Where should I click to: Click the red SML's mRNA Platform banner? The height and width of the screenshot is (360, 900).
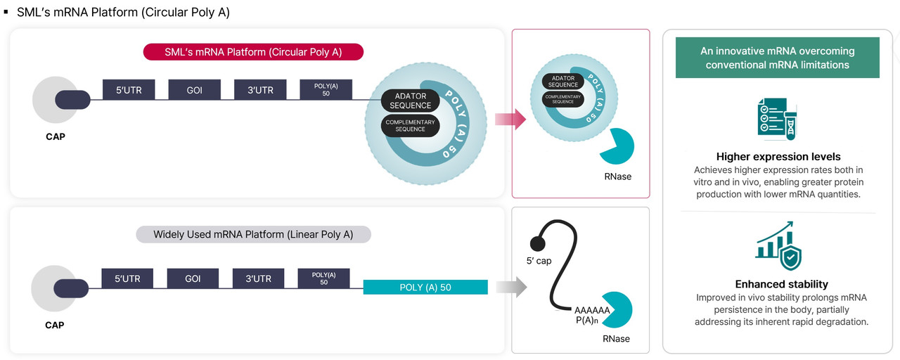pos(253,52)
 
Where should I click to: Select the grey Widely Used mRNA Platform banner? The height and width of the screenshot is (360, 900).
pos(253,234)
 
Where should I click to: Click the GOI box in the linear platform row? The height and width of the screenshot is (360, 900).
pos(193,278)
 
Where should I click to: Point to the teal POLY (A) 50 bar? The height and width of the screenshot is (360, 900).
pos(425,287)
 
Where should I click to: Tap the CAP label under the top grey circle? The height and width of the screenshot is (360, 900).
pos(55,136)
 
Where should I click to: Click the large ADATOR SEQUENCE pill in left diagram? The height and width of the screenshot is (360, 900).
pos(410,101)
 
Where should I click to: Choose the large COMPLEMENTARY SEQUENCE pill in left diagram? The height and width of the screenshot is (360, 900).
pos(410,126)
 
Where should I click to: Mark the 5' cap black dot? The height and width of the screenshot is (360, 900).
pos(539,244)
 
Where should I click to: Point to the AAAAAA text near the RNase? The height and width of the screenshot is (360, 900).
pos(592,310)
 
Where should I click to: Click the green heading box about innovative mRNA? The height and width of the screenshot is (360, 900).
pos(777,58)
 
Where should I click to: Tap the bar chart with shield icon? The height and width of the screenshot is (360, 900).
pos(778,246)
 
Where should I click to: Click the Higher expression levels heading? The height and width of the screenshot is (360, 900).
pos(778,157)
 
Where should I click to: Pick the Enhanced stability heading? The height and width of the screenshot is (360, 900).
pos(778,284)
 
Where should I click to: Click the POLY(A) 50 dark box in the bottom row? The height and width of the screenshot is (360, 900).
pos(323,278)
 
